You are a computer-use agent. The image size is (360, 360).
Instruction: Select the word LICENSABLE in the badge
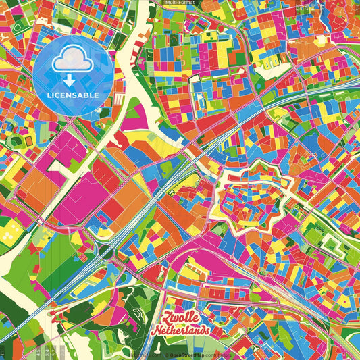click(x=72, y=95)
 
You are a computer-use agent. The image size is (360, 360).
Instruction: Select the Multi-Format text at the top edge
click(x=180, y=3)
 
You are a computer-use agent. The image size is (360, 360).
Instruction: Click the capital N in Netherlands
click(x=157, y=332)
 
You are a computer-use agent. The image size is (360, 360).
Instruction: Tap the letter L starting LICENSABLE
click(x=49, y=95)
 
